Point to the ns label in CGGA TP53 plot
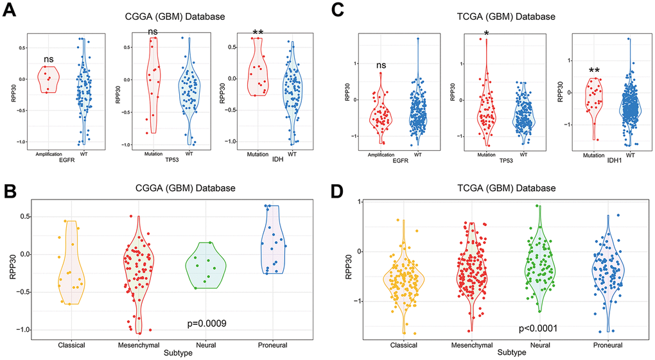(x=153, y=32)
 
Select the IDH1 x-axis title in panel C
(x=606, y=160)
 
